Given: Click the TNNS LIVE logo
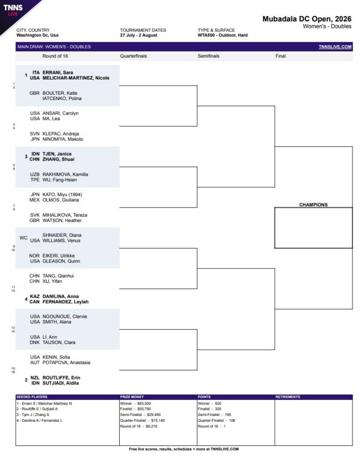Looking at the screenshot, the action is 13,10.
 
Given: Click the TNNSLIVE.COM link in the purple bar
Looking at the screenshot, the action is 335,47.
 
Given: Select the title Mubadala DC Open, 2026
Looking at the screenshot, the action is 307,19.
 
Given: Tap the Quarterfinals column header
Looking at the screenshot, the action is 133,56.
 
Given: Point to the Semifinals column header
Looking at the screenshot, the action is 208,56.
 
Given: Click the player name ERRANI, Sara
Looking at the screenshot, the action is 58,72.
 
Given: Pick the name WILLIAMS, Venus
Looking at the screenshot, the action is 61,240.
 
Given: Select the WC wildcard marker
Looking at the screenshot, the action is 24,238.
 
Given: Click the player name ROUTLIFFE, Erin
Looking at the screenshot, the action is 61,378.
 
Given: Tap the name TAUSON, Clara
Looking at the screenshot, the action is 59,342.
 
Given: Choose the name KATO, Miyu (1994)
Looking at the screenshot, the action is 62,195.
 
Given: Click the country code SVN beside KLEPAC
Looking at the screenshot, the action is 35,134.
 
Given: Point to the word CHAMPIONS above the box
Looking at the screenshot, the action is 313,205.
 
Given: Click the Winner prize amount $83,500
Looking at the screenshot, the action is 144,404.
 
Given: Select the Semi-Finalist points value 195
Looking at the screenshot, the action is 228,415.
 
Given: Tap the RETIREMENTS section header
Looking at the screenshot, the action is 288,397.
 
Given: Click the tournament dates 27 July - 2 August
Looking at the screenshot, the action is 138,35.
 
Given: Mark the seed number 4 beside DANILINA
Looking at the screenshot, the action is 26,299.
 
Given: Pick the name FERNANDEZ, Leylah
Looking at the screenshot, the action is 66,302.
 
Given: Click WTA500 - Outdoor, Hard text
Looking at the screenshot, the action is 223,35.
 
